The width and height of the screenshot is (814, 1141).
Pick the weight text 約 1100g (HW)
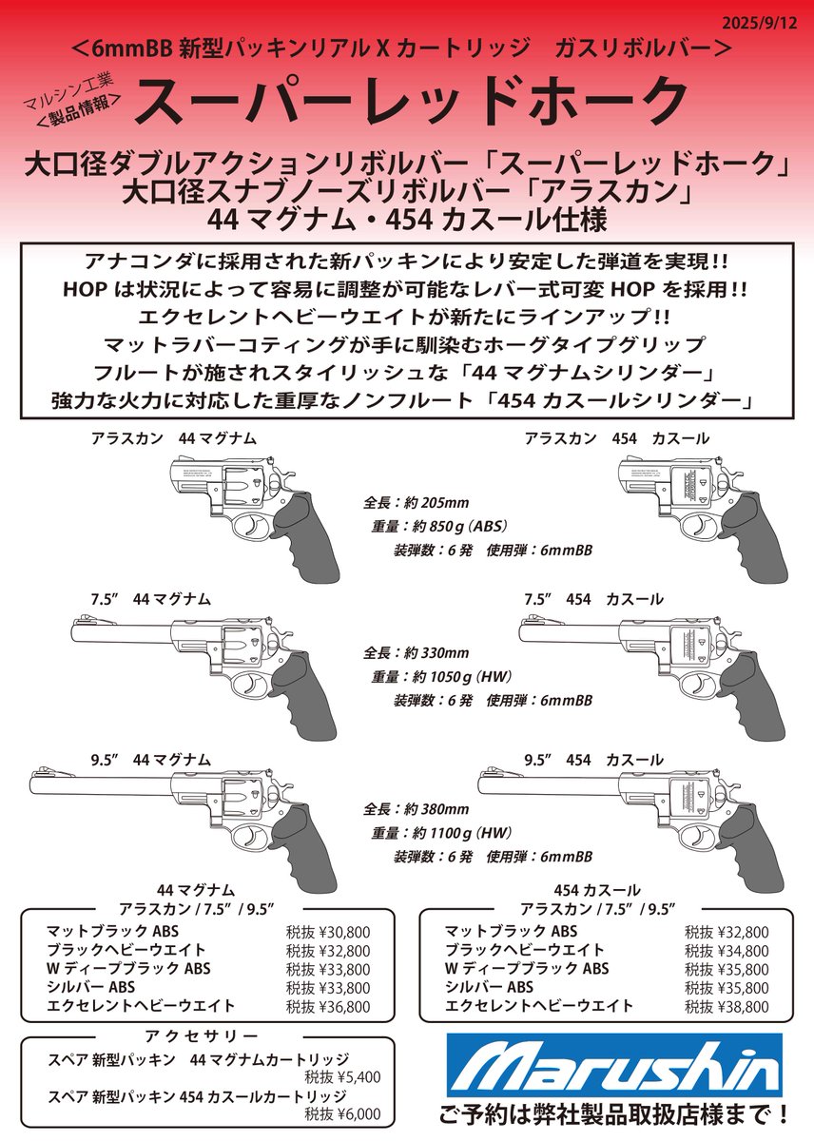click(x=456, y=832)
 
